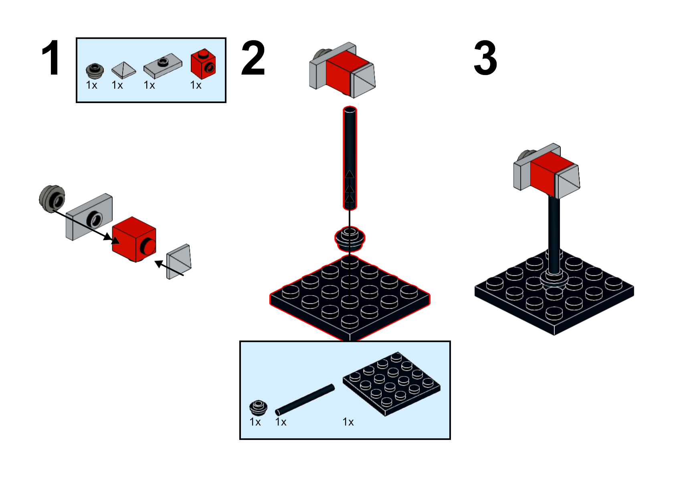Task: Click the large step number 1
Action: pyautogui.click(x=51, y=58)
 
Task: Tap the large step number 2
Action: pyautogui.click(x=253, y=59)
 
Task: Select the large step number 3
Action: pyautogui.click(x=485, y=59)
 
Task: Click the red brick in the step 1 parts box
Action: pyautogui.click(x=203, y=64)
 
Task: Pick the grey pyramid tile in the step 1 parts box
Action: pyautogui.click(x=123, y=70)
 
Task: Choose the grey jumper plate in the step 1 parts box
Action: pyautogui.click(x=162, y=65)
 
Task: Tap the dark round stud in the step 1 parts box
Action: pyautogui.click(x=95, y=70)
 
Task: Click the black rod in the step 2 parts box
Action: pyautogui.click(x=305, y=399)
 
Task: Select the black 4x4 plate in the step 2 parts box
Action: pyautogui.click(x=391, y=384)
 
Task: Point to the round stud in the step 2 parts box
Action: pyautogui.click(x=258, y=407)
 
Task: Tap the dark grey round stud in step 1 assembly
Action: pyautogui.click(x=52, y=198)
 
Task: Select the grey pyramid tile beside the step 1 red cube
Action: pyautogui.click(x=179, y=261)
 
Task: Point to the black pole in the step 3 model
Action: pyautogui.click(x=554, y=233)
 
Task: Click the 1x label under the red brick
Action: pyautogui.click(x=196, y=85)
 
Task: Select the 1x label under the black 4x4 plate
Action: pyautogui.click(x=348, y=422)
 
